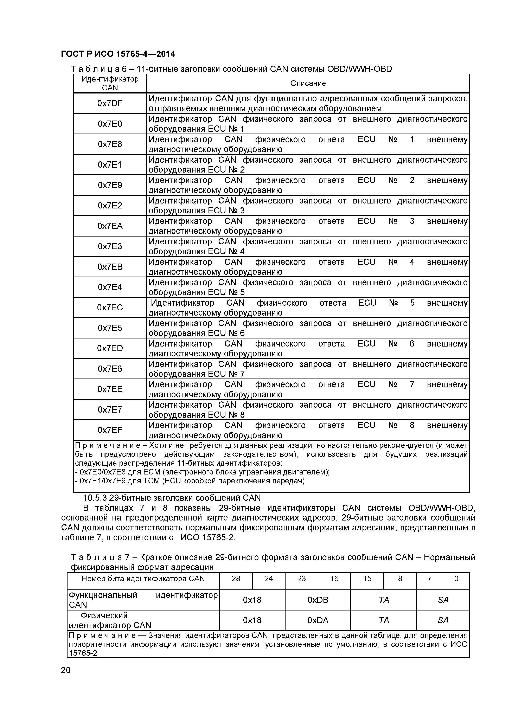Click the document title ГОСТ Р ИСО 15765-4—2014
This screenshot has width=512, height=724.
click(118, 54)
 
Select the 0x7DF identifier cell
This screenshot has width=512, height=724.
click(110, 103)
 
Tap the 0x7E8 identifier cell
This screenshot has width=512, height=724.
click(110, 144)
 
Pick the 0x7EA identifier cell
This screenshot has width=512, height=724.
click(110, 226)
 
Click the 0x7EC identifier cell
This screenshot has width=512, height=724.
click(110, 308)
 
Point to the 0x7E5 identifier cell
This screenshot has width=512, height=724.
click(110, 328)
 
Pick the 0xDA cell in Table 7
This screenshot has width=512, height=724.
click(318, 620)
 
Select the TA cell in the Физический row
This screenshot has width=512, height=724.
click(383, 620)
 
